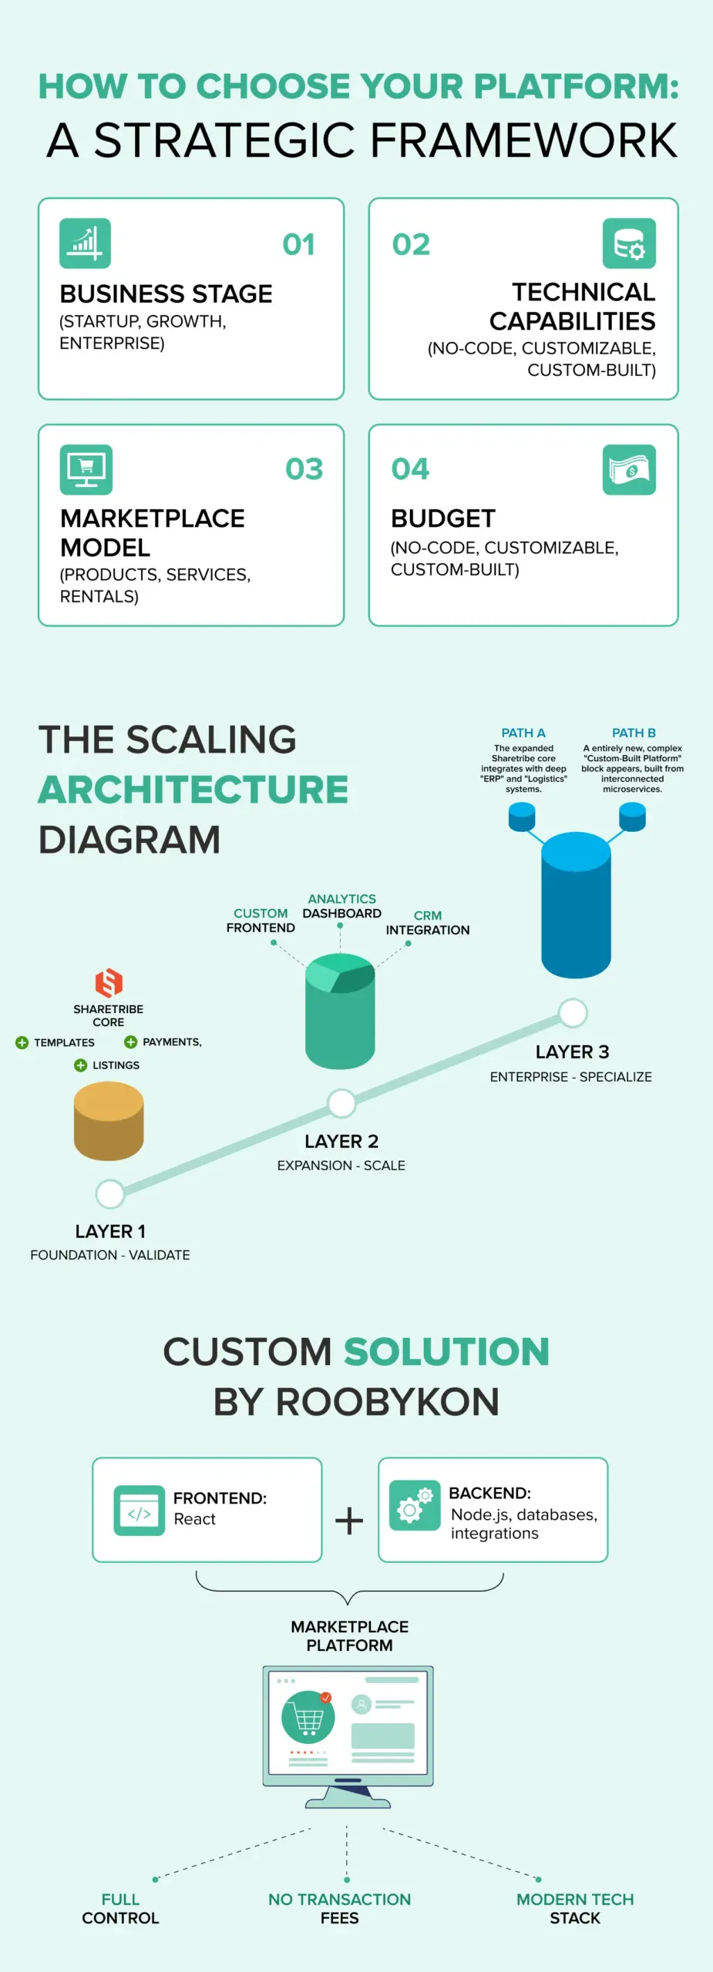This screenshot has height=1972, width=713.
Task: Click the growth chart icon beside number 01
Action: (x=85, y=243)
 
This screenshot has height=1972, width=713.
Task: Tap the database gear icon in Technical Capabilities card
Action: (x=629, y=243)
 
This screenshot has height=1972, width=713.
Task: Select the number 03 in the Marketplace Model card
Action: (x=304, y=469)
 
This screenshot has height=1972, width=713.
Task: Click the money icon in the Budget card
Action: (x=629, y=469)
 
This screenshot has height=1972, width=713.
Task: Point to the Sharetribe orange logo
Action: (x=109, y=983)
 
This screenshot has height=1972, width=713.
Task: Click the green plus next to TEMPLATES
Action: (x=22, y=1042)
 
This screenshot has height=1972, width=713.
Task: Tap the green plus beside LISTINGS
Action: (x=80, y=1065)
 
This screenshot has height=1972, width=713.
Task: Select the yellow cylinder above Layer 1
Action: (x=109, y=1121)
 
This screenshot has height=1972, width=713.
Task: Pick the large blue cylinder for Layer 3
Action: (x=576, y=905)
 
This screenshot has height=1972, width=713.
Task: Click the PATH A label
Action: (x=523, y=733)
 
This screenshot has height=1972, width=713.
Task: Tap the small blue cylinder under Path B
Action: (x=632, y=817)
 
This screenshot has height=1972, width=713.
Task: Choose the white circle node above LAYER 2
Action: (x=341, y=1103)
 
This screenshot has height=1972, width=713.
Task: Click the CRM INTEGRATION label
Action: (x=428, y=923)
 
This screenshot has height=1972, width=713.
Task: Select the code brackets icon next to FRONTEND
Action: (x=140, y=1511)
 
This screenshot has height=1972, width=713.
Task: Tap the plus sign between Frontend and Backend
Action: (x=349, y=1520)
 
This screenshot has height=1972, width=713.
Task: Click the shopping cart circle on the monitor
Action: (x=308, y=1717)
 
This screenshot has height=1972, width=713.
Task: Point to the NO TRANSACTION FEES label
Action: (x=340, y=1908)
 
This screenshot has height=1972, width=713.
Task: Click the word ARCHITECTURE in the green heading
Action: (x=193, y=790)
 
